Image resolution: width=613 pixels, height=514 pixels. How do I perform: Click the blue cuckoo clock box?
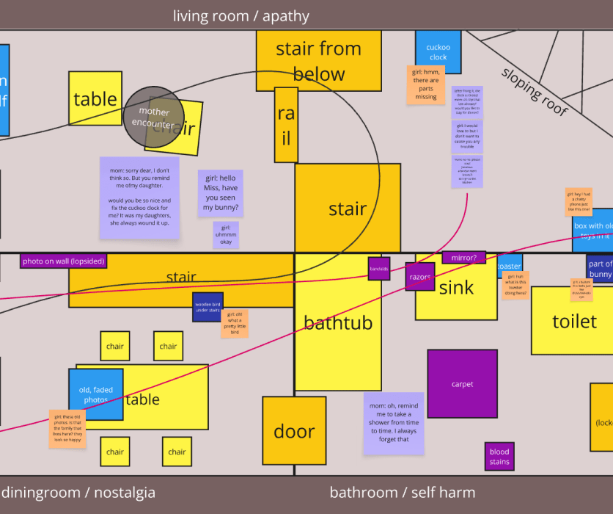tap(438, 52)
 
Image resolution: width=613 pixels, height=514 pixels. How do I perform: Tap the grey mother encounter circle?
tap(154, 117)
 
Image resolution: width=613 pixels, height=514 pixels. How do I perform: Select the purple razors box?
tap(420, 277)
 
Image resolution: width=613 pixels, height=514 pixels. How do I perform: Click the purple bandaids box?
tap(379, 269)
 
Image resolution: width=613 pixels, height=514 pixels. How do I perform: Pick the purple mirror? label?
tap(463, 258)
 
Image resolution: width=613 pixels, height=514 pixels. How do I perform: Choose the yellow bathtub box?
tap(338, 323)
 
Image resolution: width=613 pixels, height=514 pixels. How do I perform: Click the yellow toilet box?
tap(574, 321)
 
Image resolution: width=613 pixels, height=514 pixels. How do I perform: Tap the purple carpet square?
tap(462, 384)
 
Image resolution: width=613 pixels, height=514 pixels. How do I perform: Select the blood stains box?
tap(499, 456)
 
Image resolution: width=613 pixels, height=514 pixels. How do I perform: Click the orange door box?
tap(294, 431)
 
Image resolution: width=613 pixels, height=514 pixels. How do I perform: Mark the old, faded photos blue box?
tap(95, 394)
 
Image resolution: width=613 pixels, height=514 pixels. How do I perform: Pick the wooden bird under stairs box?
tap(208, 306)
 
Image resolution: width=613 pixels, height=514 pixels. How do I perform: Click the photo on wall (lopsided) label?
tap(64, 261)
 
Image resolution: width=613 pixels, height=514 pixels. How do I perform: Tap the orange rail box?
tap(286, 125)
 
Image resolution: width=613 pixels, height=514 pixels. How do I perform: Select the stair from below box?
tap(318, 61)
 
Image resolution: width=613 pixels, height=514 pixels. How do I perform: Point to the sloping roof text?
tap(534, 91)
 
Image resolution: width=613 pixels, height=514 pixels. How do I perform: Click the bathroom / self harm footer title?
tap(402, 493)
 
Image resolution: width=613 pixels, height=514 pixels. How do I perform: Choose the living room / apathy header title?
tap(241, 15)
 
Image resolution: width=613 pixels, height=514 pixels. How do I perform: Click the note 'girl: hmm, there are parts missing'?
tap(426, 84)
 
